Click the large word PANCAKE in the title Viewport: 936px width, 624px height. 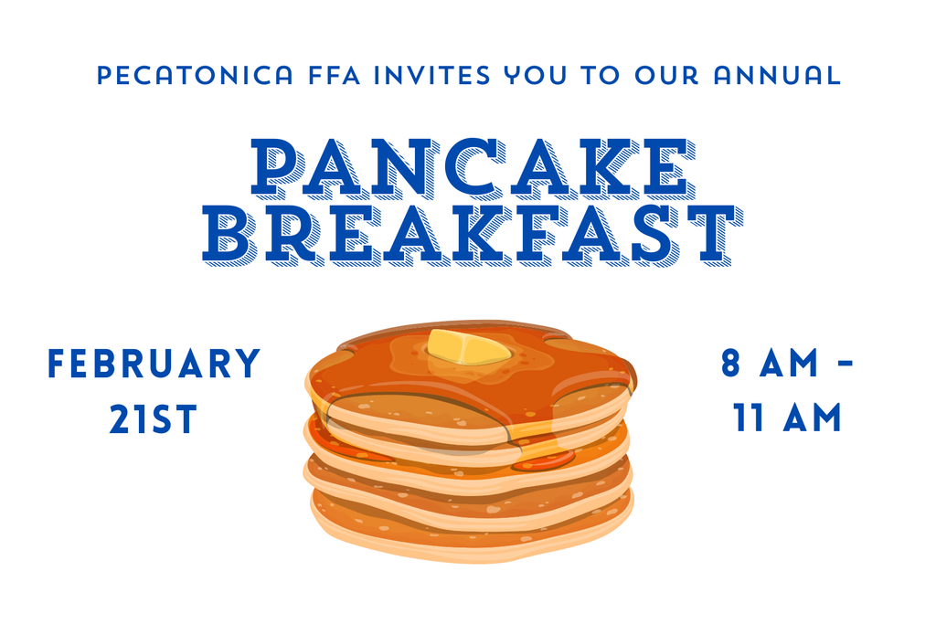pyautogui.click(x=468, y=169)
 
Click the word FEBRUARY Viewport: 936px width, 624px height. pyautogui.click(x=154, y=364)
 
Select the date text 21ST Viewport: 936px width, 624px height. pyautogui.click(x=154, y=419)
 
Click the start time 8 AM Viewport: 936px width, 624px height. pyautogui.click(x=771, y=364)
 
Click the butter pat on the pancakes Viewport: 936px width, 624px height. pyautogui.click(x=466, y=348)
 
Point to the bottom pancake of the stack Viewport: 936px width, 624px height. pyautogui.click(x=471, y=530)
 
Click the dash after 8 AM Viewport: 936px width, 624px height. pyautogui.click(x=846, y=365)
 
